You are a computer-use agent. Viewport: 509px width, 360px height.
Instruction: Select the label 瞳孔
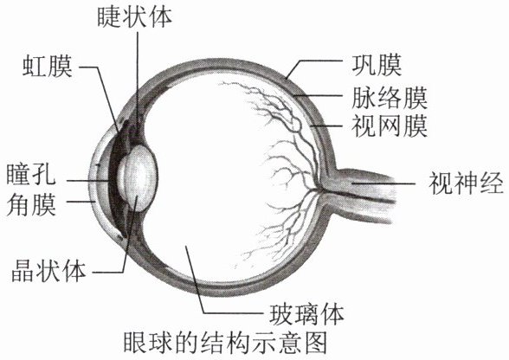pos(31,175)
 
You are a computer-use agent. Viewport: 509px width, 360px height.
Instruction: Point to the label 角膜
pos(31,205)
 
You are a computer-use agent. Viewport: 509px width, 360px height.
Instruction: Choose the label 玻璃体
pos(306,314)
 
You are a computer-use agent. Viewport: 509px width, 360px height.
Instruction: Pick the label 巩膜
pos(377,65)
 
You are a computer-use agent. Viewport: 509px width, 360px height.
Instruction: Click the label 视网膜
pos(390,126)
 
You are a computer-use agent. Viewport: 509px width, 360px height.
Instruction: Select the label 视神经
pos(466,183)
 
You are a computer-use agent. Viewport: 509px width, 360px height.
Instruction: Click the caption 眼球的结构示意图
pos(225,343)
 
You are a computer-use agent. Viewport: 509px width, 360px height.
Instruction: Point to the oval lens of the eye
pos(138,178)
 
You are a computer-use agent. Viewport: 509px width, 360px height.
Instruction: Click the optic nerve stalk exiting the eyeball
pos(360,194)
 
